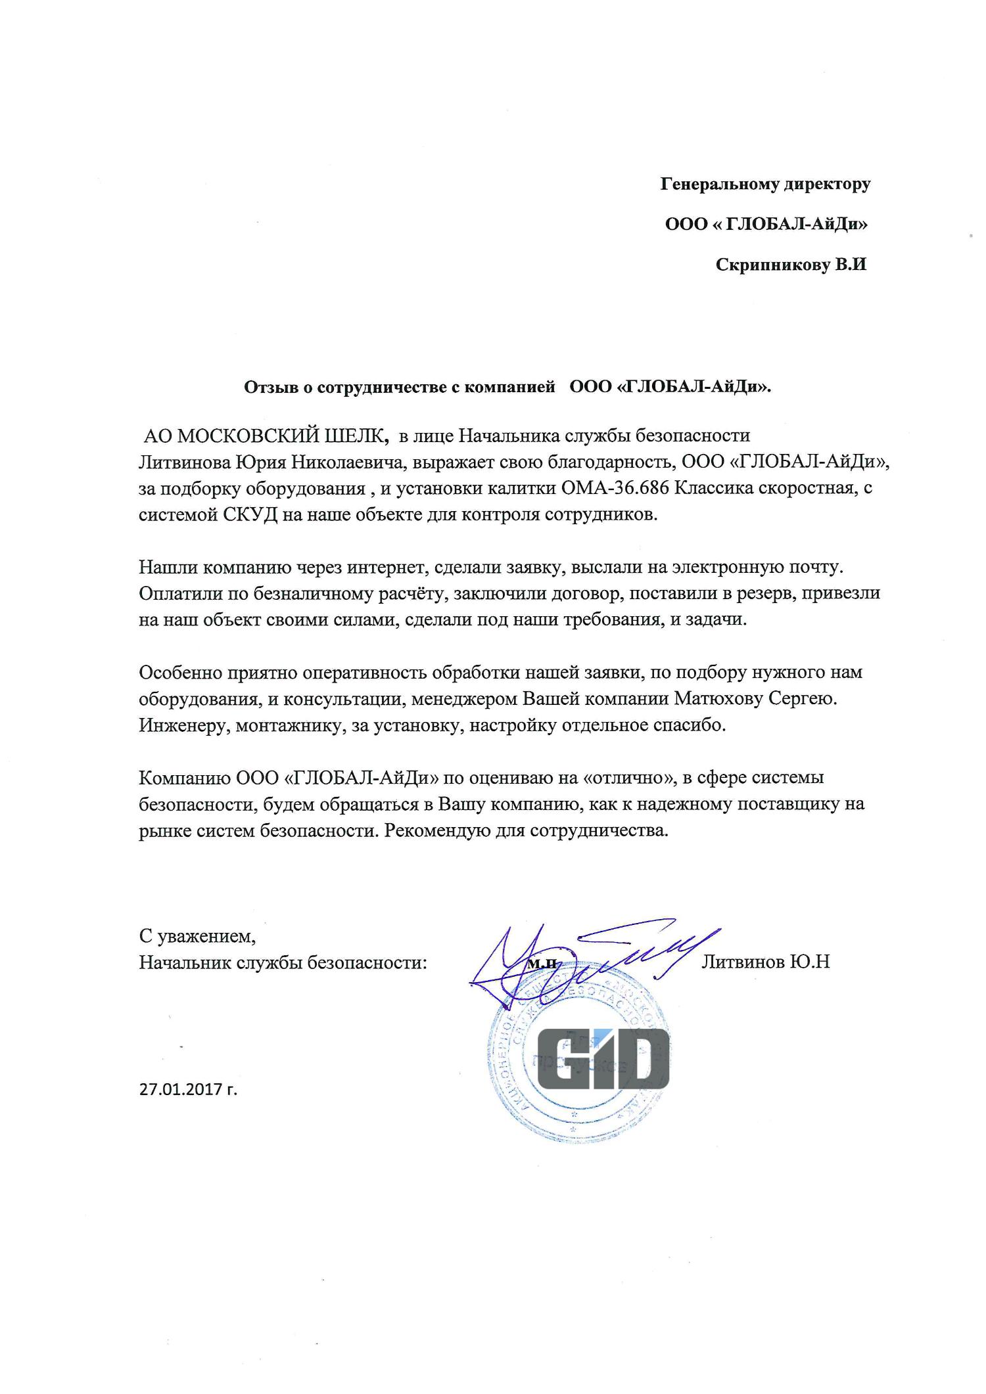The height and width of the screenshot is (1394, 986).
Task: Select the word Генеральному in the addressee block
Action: coord(719,184)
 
